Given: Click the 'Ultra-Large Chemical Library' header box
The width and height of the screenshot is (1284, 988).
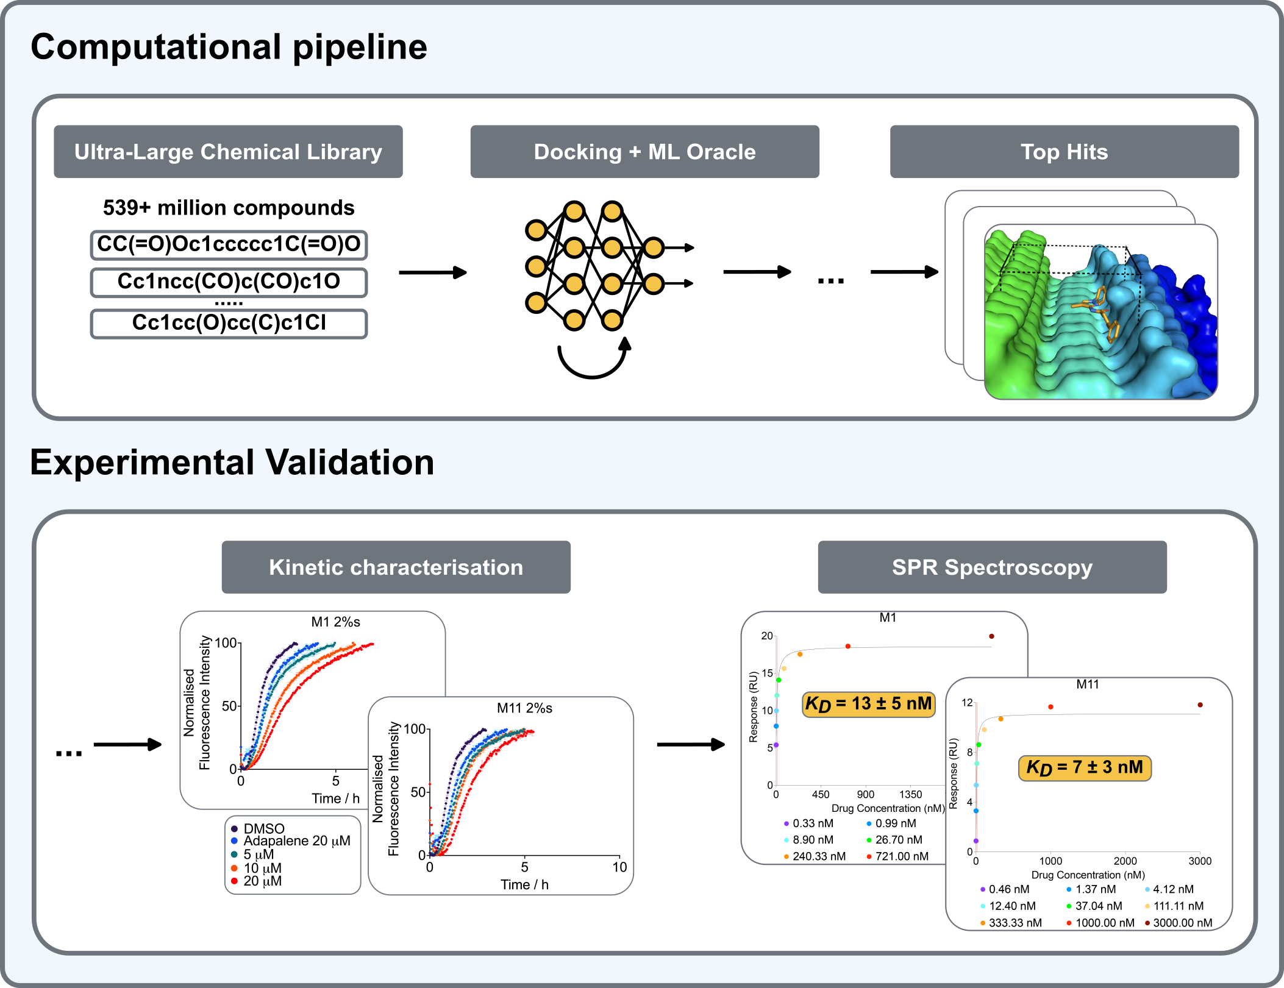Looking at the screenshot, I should click(x=228, y=152).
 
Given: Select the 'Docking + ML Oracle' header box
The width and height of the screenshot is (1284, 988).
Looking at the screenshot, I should click(x=644, y=152).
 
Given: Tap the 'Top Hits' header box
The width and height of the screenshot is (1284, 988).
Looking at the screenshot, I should click(x=1064, y=152).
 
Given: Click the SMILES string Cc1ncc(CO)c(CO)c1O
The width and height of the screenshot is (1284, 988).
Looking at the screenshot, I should click(x=229, y=282).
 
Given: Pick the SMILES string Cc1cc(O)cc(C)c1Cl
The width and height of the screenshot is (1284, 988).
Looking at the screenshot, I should click(x=229, y=323).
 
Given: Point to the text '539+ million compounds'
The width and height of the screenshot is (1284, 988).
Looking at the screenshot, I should click(x=229, y=208).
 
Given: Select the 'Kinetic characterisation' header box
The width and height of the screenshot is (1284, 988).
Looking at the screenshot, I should click(x=396, y=567).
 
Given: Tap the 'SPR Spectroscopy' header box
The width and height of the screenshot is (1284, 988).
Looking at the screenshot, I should click(x=992, y=567).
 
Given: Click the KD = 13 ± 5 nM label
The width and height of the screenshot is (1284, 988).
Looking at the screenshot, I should click(x=868, y=704).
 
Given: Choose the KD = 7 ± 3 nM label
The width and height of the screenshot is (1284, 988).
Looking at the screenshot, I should click(x=1085, y=767).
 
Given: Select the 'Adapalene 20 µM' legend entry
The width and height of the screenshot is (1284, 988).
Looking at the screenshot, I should click(x=296, y=841).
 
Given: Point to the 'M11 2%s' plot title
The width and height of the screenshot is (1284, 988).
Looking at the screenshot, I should click(x=524, y=708).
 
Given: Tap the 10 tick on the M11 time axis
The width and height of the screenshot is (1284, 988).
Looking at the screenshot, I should click(x=619, y=867).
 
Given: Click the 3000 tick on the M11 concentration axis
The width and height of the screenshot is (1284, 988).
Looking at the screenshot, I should click(x=1199, y=861).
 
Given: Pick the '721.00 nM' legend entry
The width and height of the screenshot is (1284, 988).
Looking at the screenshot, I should click(x=901, y=856).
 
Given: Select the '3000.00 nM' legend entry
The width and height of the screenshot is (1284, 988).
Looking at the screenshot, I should click(x=1182, y=923).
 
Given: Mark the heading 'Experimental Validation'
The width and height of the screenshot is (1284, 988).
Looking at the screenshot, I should click(x=232, y=462).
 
